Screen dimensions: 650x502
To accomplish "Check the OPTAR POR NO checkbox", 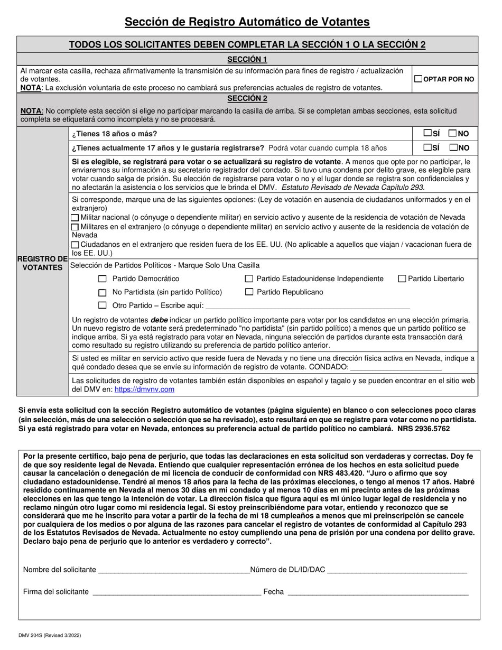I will click(x=419, y=79).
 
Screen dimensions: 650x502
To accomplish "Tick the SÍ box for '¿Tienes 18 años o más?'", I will click(x=427, y=134).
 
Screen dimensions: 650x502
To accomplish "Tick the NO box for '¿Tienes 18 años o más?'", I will click(x=453, y=134).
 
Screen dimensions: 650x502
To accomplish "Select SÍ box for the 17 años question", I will click(x=427, y=148).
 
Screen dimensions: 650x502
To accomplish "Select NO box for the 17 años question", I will click(x=453, y=148).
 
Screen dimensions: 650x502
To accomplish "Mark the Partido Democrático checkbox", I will click(x=103, y=279).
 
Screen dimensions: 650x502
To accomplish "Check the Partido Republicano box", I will click(x=249, y=292).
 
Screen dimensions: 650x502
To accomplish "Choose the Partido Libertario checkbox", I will click(x=402, y=279).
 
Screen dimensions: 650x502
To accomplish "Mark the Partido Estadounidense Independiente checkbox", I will click(x=249, y=279).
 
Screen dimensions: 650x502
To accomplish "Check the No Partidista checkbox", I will click(x=103, y=293).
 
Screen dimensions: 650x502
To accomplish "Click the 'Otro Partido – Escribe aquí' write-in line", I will click(x=306, y=305).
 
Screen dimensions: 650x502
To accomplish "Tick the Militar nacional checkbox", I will click(x=75, y=218).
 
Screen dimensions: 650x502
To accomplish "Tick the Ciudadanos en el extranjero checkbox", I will click(x=75, y=245).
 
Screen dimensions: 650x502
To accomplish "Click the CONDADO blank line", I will click(x=396, y=367).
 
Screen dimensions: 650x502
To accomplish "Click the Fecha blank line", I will click(x=377, y=592).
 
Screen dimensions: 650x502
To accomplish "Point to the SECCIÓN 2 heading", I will click(x=247, y=98).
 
